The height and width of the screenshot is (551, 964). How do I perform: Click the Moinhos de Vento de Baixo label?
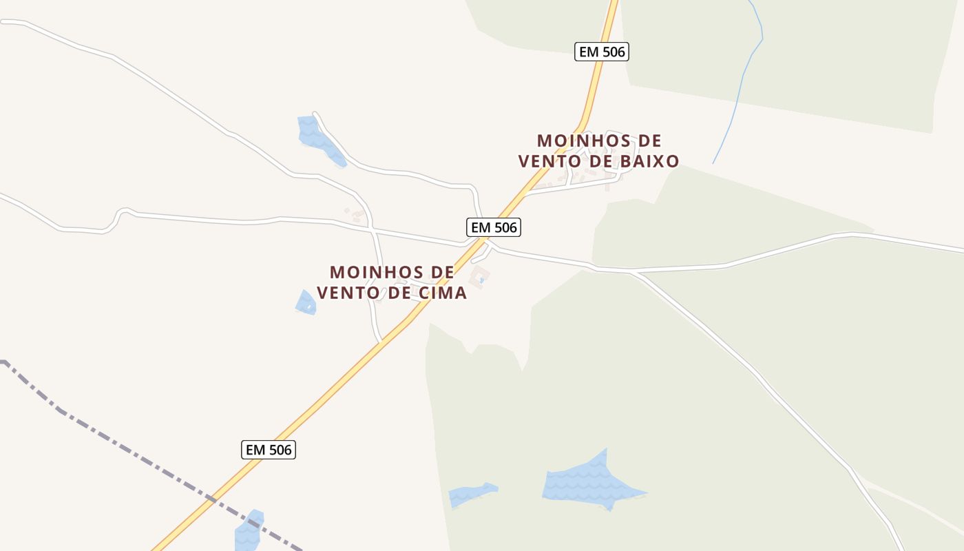coord(598,151)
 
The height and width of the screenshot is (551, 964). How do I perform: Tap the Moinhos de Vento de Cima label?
coord(392,282)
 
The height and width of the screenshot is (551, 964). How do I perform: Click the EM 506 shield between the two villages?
coord(492,227)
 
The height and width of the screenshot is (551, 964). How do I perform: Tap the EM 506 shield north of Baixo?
coord(601,51)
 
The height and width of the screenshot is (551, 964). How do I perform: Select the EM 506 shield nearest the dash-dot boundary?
coord(269,450)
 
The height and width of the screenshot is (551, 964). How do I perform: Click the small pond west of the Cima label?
coord(306,302)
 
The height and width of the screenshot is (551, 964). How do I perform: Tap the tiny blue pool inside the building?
coord(481,280)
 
